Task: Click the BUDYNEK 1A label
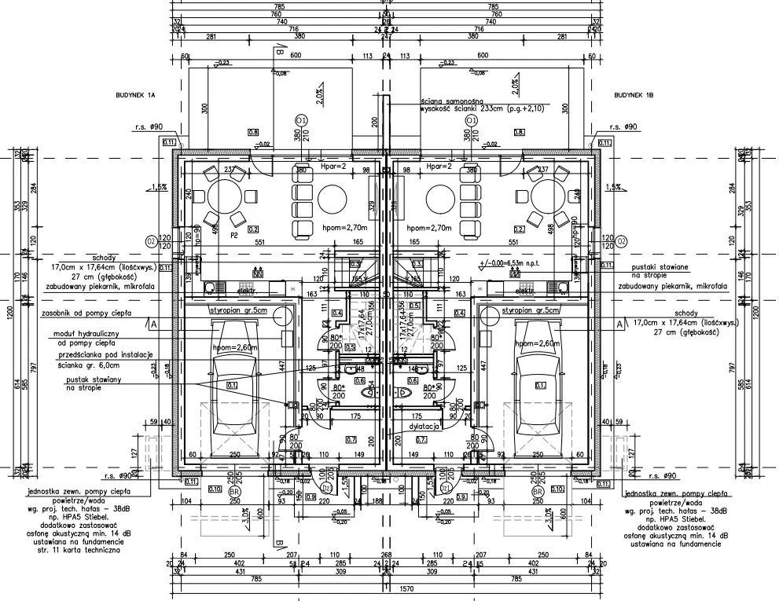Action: click(x=137, y=94)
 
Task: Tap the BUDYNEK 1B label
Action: click(x=634, y=94)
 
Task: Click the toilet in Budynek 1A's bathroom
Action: click(x=364, y=391)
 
